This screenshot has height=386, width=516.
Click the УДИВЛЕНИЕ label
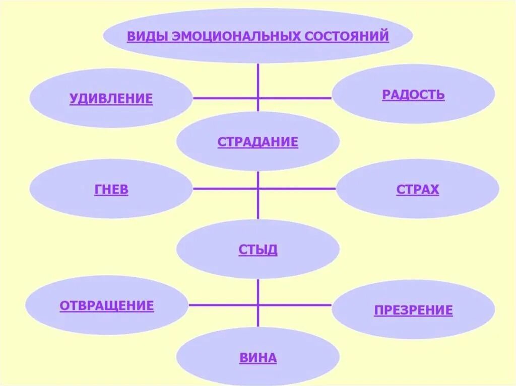pyautogui.click(x=111, y=99)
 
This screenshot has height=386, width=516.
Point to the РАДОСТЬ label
pyautogui.click(x=413, y=95)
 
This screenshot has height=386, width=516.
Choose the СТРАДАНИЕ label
pyautogui.click(x=257, y=142)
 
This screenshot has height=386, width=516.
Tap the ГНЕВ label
pyautogui.click(x=111, y=190)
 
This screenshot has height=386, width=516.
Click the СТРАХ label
pyautogui.click(x=417, y=190)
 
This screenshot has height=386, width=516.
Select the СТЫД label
pyautogui.click(x=257, y=250)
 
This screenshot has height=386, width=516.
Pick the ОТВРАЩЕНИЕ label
pyautogui.click(x=106, y=305)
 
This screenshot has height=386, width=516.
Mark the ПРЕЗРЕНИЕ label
pyautogui.click(x=413, y=310)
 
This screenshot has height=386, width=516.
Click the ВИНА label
pyautogui.click(x=257, y=358)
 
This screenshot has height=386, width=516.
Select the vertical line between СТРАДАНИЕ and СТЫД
pyautogui.click(x=258, y=196)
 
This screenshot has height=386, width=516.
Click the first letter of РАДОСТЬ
pyautogui.click(x=386, y=95)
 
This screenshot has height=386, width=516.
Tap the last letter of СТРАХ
pyautogui.click(x=434, y=190)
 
